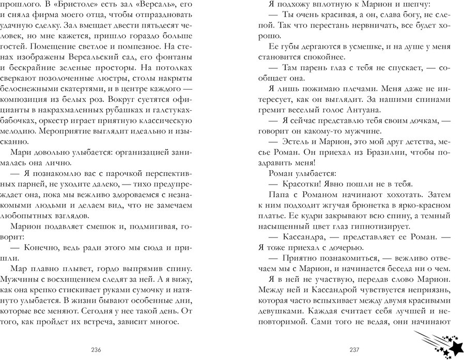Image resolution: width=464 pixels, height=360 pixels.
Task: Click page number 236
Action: (96, 350)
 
